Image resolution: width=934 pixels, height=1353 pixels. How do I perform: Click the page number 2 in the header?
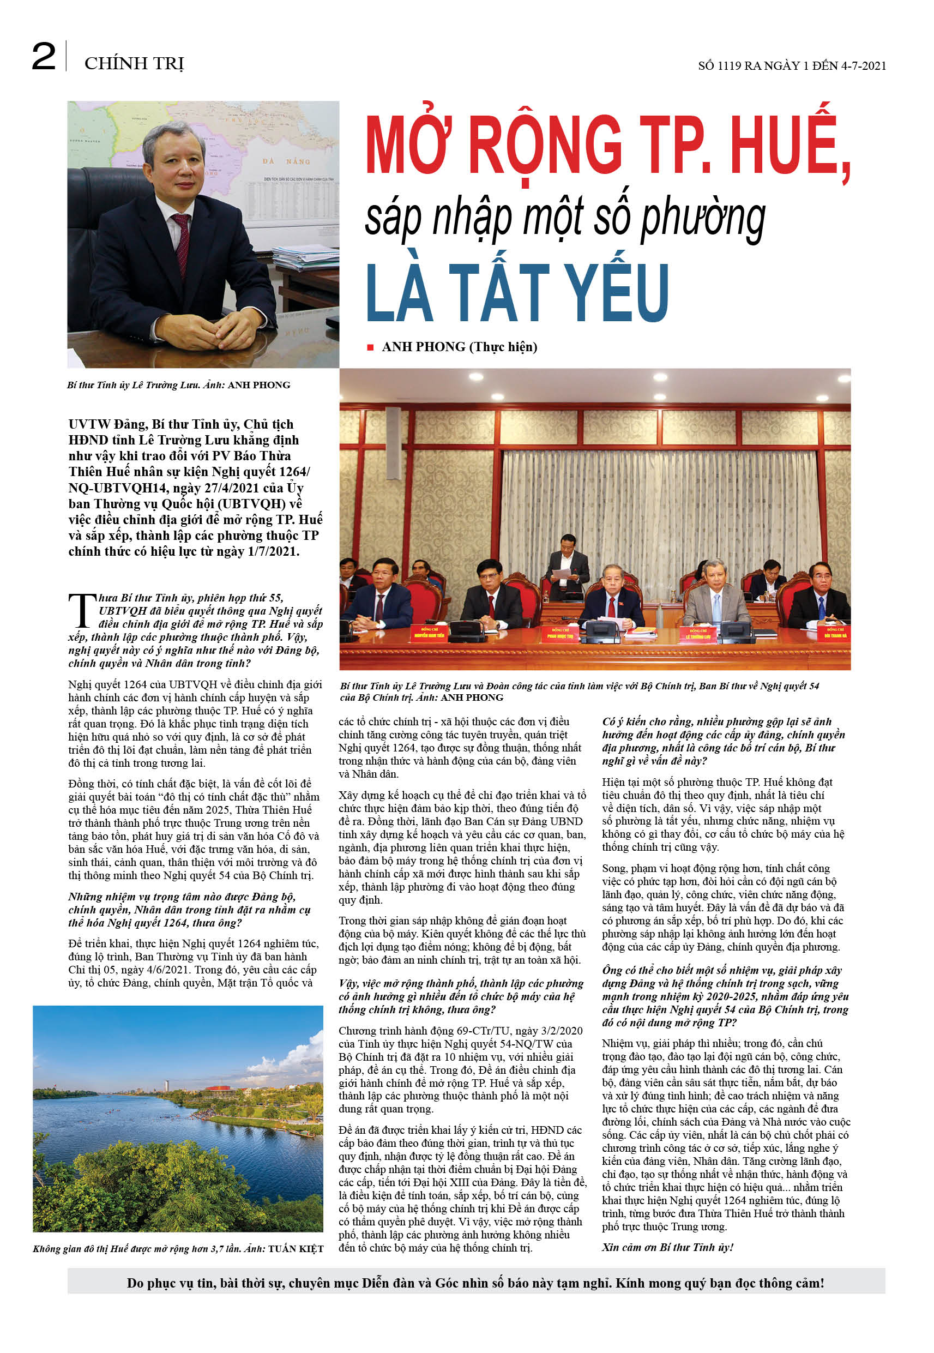[44, 57]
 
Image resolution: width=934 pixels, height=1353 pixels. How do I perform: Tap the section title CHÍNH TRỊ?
[134, 63]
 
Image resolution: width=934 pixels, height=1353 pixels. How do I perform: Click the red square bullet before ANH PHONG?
[370, 347]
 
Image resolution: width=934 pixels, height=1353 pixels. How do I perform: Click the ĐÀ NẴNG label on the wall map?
[286, 161]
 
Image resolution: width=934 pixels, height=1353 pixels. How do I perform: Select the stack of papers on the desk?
[304, 257]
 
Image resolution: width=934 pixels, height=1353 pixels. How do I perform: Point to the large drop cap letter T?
[82, 611]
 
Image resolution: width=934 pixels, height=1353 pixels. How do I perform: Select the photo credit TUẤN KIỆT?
[296, 1249]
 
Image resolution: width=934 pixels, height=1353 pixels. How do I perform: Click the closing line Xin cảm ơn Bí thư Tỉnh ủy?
[668, 1247]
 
